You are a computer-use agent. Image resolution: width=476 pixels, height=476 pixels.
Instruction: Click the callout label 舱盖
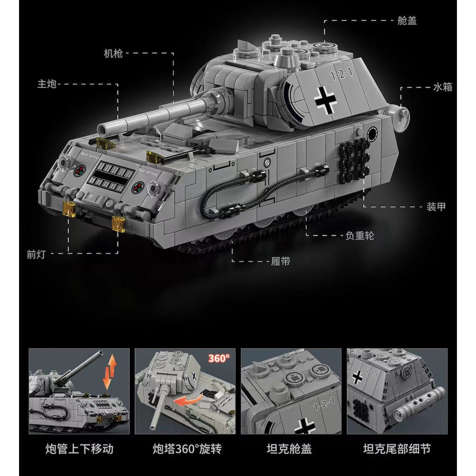(x=407, y=20)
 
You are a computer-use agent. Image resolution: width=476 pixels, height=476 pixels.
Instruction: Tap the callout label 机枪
(x=113, y=53)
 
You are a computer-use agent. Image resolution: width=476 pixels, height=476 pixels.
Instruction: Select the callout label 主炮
(x=47, y=84)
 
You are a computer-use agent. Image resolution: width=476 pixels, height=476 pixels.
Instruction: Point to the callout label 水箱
(x=443, y=87)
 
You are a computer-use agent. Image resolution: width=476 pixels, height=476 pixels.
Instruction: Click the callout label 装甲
(x=436, y=207)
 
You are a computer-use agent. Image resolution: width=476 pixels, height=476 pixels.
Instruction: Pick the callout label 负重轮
(x=360, y=236)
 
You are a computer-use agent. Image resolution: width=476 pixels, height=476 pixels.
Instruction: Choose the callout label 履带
(x=281, y=261)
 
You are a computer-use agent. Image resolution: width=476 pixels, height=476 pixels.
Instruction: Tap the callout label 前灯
(x=36, y=254)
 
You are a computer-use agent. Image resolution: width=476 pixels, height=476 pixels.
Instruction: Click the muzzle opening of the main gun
(x=102, y=131)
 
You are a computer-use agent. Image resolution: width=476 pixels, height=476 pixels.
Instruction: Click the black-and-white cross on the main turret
(x=325, y=100)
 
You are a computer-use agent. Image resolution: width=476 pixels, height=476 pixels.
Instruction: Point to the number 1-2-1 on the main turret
(x=342, y=74)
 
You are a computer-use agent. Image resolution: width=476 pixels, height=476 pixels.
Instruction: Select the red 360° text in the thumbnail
(x=219, y=358)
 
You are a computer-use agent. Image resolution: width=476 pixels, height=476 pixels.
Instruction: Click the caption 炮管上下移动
(x=79, y=449)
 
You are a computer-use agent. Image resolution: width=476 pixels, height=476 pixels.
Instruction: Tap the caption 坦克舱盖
(x=289, y=449)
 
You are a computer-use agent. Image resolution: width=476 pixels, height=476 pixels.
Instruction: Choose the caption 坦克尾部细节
(x=397, y=449)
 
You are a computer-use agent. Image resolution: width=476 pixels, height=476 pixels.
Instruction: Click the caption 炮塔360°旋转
(x=187, y=449)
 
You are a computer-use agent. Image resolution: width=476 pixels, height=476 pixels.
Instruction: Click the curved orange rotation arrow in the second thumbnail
(x=189, y=400)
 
